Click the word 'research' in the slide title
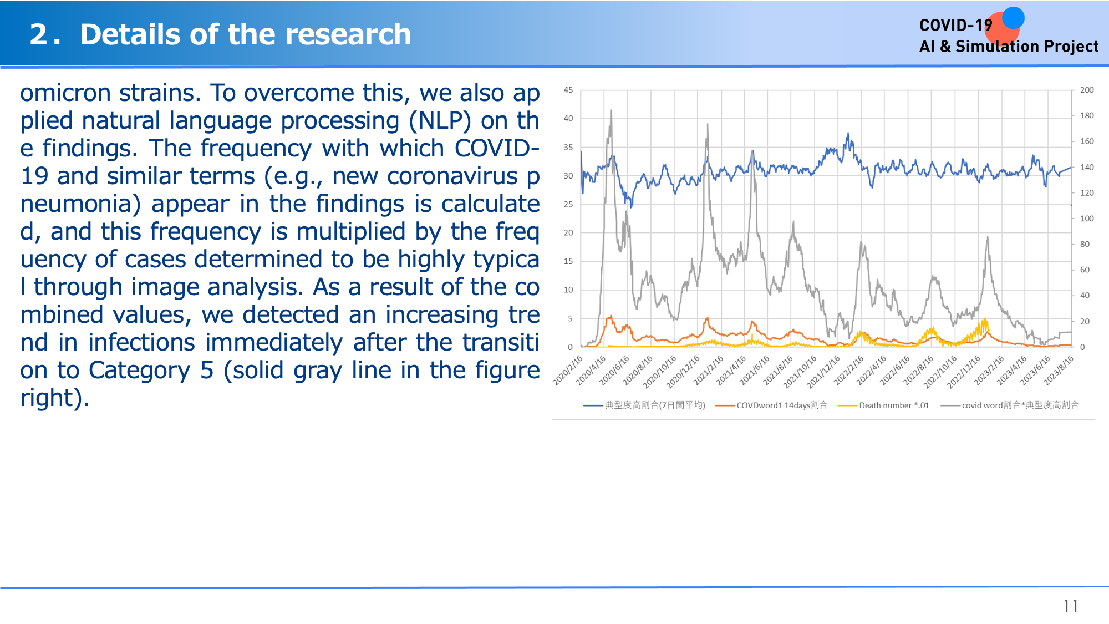click(348, 34)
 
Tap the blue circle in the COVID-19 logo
click(1013, 18)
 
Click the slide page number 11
click(1070, 606)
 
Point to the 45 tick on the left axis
click(568, 90)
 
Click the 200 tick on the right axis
click(1087, 90)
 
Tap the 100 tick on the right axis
click(1087, 219)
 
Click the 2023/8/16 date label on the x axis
click(1059, 370)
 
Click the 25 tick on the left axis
click(568, 204)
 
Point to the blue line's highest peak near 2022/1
click(848, 133)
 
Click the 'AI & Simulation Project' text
click(1009, 47)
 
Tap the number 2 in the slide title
click(38, 34)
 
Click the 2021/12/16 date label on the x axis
click(823, 371)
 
